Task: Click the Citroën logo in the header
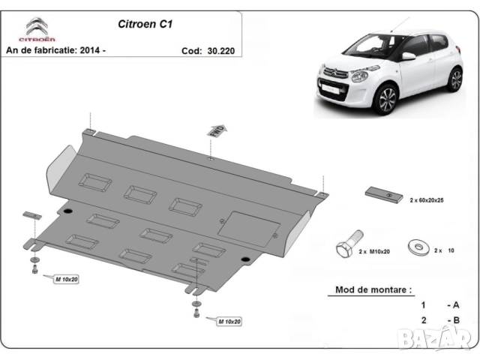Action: click(37, 28)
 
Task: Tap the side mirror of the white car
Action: click(408, 56)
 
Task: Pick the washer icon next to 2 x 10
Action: click(416, 245)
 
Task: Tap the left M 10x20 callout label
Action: click(66, 280)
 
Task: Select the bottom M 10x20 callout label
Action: click(229, 321)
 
